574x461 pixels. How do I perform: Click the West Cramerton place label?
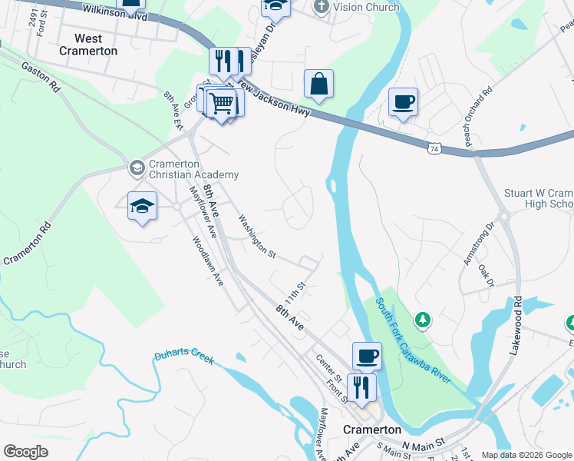pyautogui.click(x=96, y=45)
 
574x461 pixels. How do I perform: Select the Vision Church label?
pyautogui.click(x=358, y=7)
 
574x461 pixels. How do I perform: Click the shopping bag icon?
pyautogui.click(x=318, y=84)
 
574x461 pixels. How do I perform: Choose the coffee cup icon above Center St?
pyautogui.click(x=367, y=356)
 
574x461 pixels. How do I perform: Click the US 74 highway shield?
pyautogui.click(x=435, y=147)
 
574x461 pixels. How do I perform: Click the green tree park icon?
pyautogui.click(x=421, y=318)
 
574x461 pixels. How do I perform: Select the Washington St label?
pyautogui.click(x=256, y=235)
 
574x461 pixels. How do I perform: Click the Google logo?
pyautogui.click(x=26, y=452)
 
